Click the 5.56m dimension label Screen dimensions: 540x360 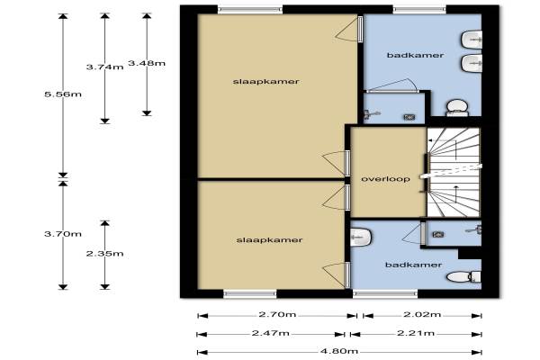pyautogui.click(x=63, y=94)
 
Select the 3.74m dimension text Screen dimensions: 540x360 pyautogui.click(x=105, y=67)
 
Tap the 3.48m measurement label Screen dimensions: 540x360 pyautogui.click(x=147, y=63)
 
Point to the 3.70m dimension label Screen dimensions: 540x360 pyautogui.click(x=63, y=234)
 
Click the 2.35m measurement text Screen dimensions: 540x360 pyautogui.click(x=105, y=254)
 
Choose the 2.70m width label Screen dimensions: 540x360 pyautogui.click(x=277, y=314)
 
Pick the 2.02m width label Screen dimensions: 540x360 pyautogui.click(x=422, y=314)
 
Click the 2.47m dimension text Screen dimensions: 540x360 pyautogui.click(x=271, y=333)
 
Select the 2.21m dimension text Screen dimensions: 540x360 pyautogui.click(x=416, y=333)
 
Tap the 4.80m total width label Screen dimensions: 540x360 pyautogui.click(x=339, y=351)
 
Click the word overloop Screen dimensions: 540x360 pyautogui.click(x=386, y=179)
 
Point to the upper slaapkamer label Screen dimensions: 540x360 pyautogui.click(x=266, y=82)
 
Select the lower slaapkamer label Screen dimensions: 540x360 pyautogui.click(x=270, y=240)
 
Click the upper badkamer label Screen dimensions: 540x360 pyautogui.click(x=415, y=55)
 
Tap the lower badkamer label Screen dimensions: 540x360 pyautogui.click(x=414, y=265)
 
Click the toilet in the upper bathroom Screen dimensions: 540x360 pyautogui.click(x=457, y=108)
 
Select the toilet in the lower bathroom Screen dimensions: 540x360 pyautogui.click(x=463, y=276)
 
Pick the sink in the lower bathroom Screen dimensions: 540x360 pyautogui.click(x=361, y=237)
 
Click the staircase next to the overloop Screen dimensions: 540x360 pyautogui.click(x=454, y=172)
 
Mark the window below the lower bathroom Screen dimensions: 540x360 pyautogui.click(x=385, y=294)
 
